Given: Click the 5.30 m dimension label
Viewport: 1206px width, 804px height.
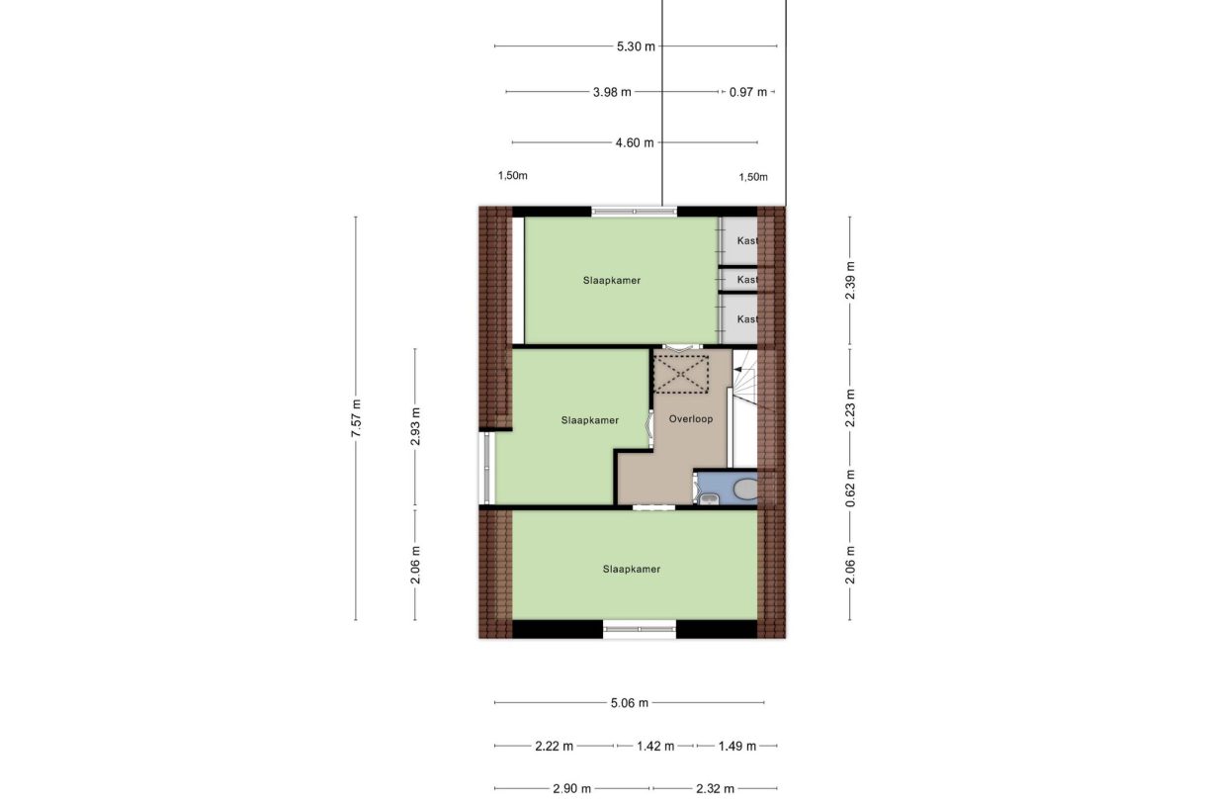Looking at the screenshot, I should tap(636, 45).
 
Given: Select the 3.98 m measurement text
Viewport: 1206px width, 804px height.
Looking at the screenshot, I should tap(613, 92).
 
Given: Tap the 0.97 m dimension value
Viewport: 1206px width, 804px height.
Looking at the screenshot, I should tap(747, 92).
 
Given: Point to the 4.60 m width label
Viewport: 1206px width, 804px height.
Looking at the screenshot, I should tap(634, 142).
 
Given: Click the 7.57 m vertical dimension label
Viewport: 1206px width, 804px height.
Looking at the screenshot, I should tap(356, 418).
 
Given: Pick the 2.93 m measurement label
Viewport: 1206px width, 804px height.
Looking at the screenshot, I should tap(415, 426).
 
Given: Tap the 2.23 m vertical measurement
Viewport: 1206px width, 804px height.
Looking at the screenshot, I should tap(850, 406).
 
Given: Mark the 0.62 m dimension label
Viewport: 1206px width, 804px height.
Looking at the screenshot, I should tap(850, 486).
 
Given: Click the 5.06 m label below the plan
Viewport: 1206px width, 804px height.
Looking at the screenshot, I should tap(629, 703).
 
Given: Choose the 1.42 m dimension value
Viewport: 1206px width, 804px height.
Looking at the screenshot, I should tap(655, 746).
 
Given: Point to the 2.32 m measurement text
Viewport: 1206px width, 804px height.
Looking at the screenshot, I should tap(715, 788).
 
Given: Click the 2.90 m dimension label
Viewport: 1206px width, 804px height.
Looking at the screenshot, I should tap(571, 788).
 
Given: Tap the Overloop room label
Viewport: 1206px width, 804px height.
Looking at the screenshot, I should tap(690, 419).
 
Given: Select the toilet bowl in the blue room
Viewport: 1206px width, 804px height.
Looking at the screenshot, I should tap(743, 488).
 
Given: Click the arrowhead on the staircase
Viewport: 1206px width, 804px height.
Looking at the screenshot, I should tap(737, 368).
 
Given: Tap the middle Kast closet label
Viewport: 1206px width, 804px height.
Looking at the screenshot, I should tap(747, 280).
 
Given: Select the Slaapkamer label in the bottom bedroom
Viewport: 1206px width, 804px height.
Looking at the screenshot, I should tap(631, 569).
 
